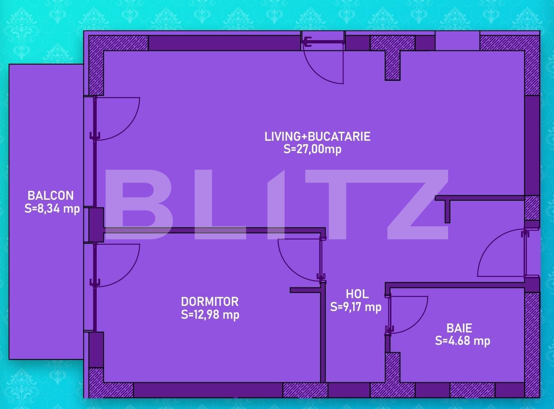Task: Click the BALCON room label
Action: [x=51, y=196]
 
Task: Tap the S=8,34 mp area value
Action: [x=52, y=209]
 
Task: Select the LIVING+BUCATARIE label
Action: [x=317, y=136]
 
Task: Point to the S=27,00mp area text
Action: [x=313, y=149]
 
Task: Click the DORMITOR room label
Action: [x=210, y=302]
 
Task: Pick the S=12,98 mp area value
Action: [x=210, y=315]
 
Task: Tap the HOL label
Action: [x=357, y=294]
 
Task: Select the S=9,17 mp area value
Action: [x=356, y=307]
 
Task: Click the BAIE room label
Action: [x=459, y=328]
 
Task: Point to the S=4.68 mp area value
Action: [x=462, y=341]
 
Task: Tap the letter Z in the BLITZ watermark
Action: [x=417, y=204]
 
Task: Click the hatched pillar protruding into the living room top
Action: [x=392, y=64]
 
